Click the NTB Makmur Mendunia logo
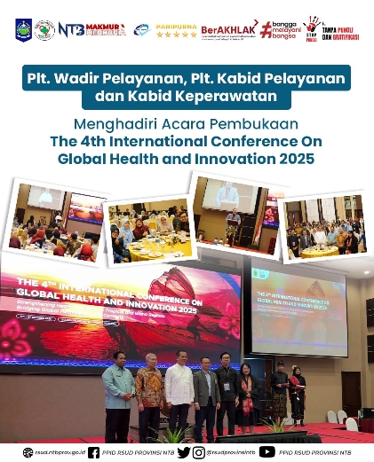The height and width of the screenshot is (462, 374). tap(93, 29)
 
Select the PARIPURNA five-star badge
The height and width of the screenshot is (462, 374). tap(176, 30)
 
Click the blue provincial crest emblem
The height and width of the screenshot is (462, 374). tap(23, 29)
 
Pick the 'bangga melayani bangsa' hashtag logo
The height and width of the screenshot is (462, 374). tap(271, 29)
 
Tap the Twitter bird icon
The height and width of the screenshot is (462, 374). tap(184, 452)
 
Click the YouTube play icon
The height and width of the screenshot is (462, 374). tap(267, 452)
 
